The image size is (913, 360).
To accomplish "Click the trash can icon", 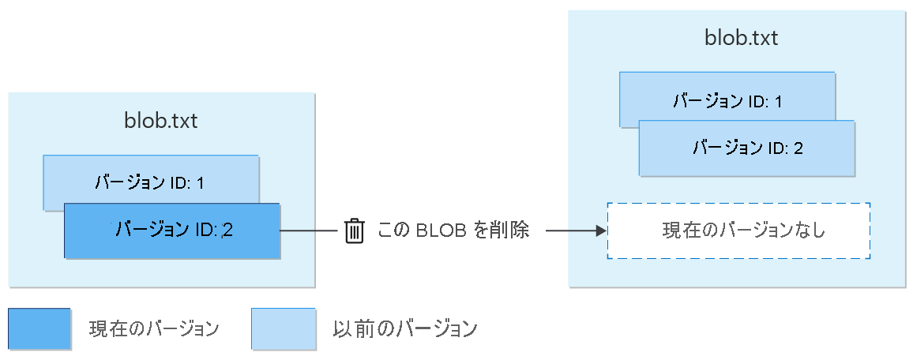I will (355, 231).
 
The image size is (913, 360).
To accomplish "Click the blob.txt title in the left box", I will (161, 121).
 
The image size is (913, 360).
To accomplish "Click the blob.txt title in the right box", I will (741, 39).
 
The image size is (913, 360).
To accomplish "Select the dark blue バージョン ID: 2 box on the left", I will (171, 231).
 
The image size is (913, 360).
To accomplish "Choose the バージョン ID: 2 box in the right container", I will (746, 148).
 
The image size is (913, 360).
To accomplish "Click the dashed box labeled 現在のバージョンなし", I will (738, 231).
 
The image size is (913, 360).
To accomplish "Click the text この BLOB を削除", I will (453, 231).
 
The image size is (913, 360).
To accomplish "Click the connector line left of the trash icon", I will (310, 231).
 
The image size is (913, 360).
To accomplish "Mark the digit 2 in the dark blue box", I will (229, 230).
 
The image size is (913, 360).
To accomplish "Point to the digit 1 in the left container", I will (200, 183).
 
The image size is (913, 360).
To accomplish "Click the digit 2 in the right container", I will (798, 148).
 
